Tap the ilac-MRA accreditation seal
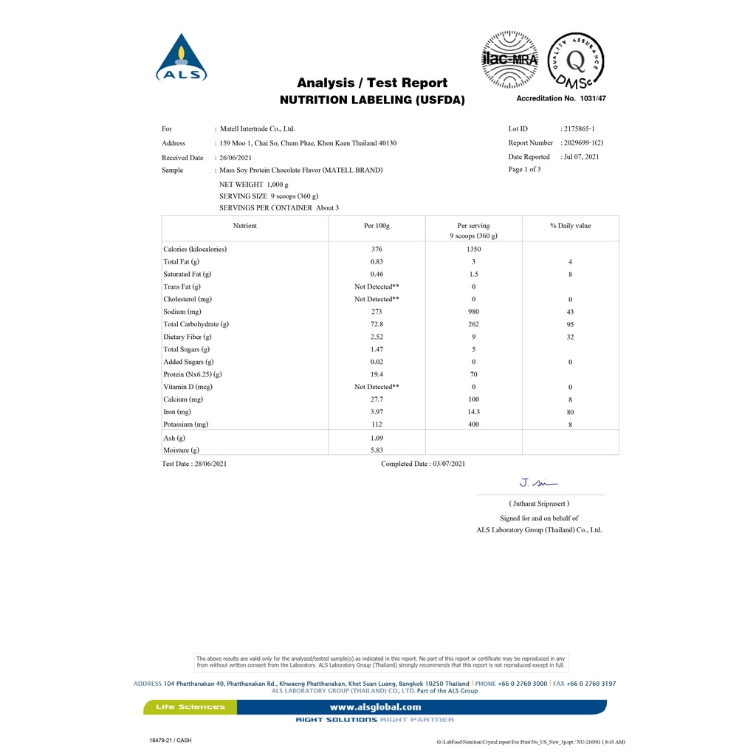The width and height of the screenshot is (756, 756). [509, 58]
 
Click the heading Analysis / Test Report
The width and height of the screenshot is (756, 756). [372, 83]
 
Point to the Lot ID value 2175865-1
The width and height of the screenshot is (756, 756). [579, 128]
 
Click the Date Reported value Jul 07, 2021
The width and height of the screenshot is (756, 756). [581, 157]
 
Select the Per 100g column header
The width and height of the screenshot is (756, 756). [377, 226]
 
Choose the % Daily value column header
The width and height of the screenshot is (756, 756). [570, 226]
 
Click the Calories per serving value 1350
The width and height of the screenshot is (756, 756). [473, 250]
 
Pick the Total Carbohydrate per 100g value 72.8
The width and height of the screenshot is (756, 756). [377, 324]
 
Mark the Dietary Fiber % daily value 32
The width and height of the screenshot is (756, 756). [570, 337]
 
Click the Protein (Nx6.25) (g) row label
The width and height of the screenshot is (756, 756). [193, 374]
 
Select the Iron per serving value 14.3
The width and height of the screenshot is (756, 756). [473, 412]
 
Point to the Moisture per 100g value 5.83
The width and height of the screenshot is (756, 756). [377, 450]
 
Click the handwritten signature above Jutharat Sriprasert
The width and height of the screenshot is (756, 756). [534, 484]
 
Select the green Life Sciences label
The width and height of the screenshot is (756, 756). [190, 707]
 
